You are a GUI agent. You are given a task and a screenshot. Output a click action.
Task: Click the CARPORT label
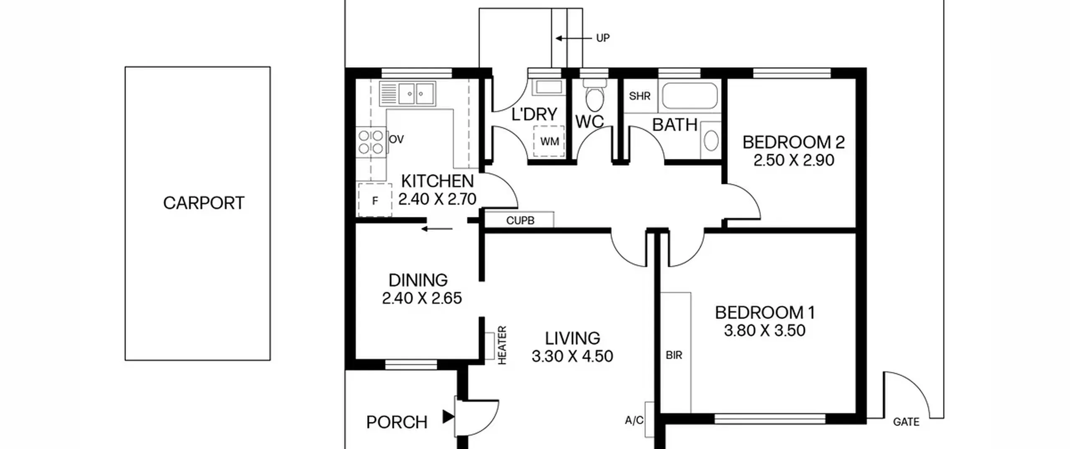(204, 203)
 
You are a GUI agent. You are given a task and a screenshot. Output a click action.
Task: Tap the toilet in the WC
(594, 96)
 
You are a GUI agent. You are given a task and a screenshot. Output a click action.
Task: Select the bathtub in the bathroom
(690, 96)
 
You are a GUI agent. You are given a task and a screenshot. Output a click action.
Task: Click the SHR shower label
(639, 96)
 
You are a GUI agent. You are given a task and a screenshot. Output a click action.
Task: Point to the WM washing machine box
(549, 142)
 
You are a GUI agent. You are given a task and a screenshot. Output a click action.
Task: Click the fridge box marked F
(375, 200)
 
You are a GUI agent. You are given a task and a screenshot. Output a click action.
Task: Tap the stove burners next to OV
(371, 142)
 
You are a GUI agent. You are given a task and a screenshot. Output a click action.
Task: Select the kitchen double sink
(408, 94)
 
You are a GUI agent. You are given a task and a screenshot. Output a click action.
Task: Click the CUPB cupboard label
(520, 221)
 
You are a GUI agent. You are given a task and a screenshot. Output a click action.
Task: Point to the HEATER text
(502, 345)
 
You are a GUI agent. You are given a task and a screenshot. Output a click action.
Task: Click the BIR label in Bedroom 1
(674, 355)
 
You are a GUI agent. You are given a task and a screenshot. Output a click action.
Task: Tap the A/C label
(634, 421)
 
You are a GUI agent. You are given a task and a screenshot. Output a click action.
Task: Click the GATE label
(906, 422)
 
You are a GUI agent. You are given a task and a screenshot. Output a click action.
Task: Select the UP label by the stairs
(603, 38)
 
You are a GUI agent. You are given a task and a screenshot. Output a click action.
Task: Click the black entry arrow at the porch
(448, 416)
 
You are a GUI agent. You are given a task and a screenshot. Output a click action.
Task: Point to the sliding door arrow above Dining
(437, 229)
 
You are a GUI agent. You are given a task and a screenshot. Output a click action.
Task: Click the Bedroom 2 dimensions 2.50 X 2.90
(794, 160)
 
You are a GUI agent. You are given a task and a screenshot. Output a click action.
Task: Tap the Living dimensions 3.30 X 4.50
(572, 356)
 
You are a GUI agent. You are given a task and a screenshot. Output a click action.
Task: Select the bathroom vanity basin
(711, 140)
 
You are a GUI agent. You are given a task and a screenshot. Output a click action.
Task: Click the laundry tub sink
(548, 87)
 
